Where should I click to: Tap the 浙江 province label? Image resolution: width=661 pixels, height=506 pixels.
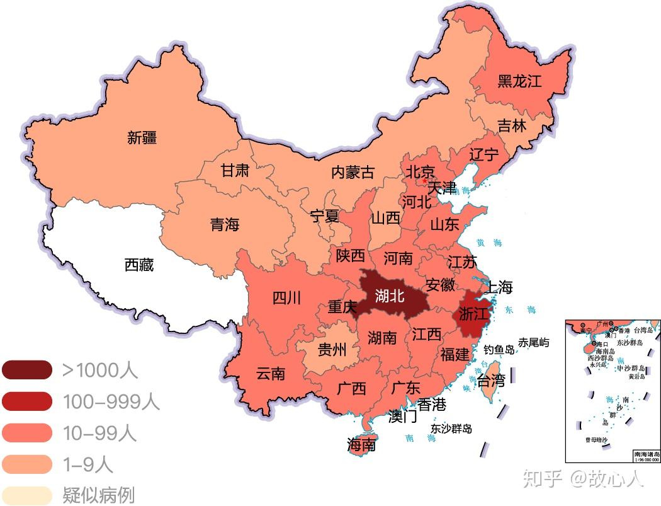pyautogui.click(x=474, y=314)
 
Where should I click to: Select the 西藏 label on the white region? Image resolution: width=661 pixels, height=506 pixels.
pyautogui.click(x=139, y=265)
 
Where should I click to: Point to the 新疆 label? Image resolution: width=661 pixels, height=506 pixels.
pyautogui.click(x=142, y=137)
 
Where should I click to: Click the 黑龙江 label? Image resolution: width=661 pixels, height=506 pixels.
pyautogui.click(x=519, y=81)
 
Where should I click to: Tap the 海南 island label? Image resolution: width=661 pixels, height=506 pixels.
pyautogui.click(x=361, y=445)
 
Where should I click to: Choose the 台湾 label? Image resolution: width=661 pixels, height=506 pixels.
pyautogui.click(x=491, y=381)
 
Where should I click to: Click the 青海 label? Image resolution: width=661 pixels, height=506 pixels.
pyautogui.click(x=225, y=224)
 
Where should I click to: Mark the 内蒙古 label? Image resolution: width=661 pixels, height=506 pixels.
pyautogui.click(x=353, y=172)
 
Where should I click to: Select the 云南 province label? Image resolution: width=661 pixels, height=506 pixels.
pyautogui.click(x=271, y=373)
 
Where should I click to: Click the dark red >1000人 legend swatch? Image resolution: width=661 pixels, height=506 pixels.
pyautogui.click(x=26, y=370)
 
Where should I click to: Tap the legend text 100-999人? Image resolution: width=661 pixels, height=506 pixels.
pyautogui.click(x=111, y=401)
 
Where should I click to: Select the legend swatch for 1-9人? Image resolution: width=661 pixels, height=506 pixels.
pyautogui.click(x=26, y=464)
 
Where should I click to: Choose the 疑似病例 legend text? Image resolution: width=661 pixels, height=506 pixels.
pyautogui.click(x=98, y=495)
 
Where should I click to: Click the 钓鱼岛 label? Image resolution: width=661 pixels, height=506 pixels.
pyautogui.click(x=499, y=348)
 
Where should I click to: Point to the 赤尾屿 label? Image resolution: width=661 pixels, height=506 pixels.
pyautogui.click(x=533, y=342)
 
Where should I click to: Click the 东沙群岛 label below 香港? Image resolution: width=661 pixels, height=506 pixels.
pyautogui.click(x=451, y=428)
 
